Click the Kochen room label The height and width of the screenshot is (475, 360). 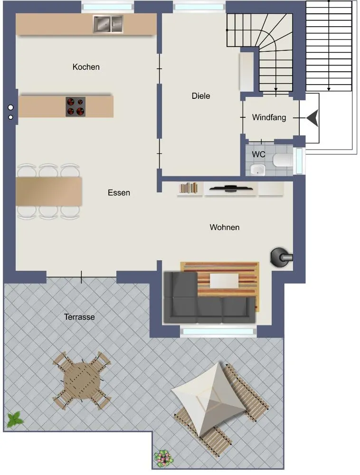(86, 67)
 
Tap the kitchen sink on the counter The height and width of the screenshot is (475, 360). (108, 24)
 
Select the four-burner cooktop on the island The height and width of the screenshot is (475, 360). (76, 106)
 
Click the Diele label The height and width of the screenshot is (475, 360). (201, 96)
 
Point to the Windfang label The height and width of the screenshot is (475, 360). (269, 117)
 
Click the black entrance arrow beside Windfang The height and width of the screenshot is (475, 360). (312, 118)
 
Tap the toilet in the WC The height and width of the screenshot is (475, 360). (283, 160)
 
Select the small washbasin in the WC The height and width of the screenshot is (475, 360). (258, 170)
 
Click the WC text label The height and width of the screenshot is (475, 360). (258, 154)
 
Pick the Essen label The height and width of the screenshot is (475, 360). (119, 193)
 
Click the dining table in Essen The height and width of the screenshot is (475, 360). (49, 191)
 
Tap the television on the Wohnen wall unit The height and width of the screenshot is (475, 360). (231, 189)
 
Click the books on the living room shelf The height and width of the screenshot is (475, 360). (189, 188)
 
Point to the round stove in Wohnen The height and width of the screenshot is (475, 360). (281, 257)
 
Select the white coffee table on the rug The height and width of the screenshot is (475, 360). (224, 281)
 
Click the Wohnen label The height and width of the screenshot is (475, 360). (224, 227)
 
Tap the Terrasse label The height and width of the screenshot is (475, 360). (79, 317)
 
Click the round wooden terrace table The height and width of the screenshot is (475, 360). (82, 380)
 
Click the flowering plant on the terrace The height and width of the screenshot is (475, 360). (164, 457)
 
